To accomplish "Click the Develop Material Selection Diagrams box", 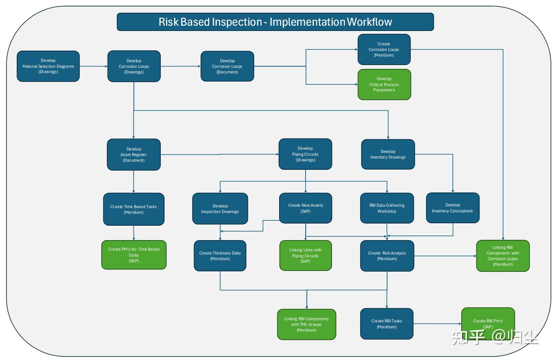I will [x=48, y=66].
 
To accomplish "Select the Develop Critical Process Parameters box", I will [x=384, y=84].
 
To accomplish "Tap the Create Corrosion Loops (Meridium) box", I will [x=384, y=50].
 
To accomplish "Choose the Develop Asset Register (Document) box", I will [x=134, y=155].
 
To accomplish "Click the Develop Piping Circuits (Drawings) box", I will [x=305, y=154].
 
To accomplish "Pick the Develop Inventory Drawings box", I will [x=388, y=154].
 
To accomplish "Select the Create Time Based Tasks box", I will [x=134, y=209].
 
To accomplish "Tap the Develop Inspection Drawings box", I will [x=220, y=209].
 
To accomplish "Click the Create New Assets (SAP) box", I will [x=306, y=208].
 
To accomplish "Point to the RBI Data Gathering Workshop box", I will [x=387, y=208].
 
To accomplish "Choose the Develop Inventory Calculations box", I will [x=452, y=208].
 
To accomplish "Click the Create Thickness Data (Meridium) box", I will [x=220, y=256].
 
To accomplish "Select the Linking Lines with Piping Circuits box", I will [x=306, y=256].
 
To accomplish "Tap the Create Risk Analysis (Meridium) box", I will [x=387, y=256].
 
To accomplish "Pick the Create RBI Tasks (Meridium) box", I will [x=387, y=324].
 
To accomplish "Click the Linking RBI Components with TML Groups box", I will [x=307, y=324].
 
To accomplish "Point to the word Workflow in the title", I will [x=369, y=22].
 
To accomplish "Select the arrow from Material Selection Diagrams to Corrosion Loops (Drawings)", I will [x=93, y=66].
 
